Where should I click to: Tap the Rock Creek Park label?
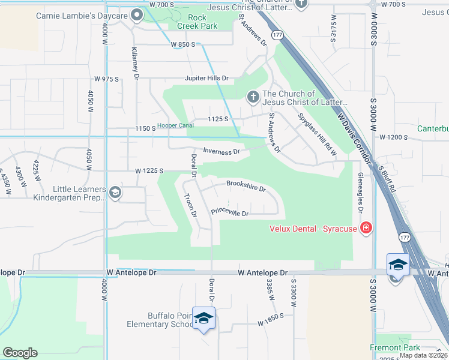(197, 22)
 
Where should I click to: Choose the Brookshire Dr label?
(246, 186)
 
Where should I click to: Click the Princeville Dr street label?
(229, 212)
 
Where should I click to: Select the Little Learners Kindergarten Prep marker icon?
(115, 193)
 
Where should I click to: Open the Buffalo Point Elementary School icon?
(204, 318)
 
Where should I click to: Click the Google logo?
(20, 353)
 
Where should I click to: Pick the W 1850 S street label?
(270, 323)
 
